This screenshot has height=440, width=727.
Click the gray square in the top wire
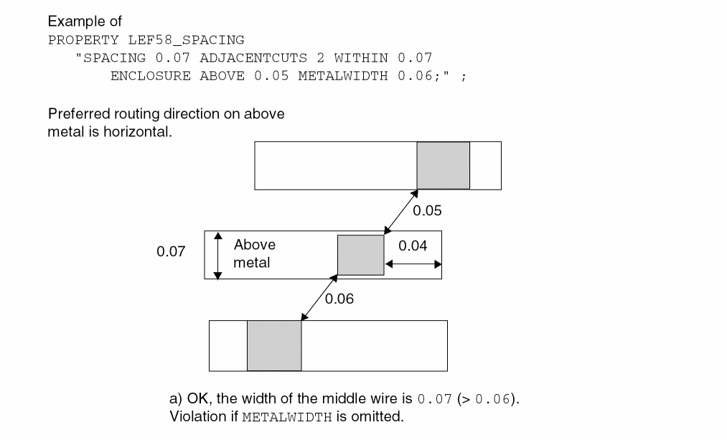click(x=443, y=166)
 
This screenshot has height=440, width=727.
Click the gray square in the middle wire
click(x=361, y=255)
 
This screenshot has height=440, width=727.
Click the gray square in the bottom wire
click(x=274, y=345)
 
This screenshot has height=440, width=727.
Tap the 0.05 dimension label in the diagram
click(x=427, y=211)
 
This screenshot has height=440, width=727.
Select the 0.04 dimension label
click(x=413, y=246)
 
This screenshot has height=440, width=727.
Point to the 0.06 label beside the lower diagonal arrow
click(x=339, y=299)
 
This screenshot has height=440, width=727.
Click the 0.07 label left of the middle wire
click(x=171, y=252)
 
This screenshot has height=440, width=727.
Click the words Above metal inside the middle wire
click(x=253, y=254)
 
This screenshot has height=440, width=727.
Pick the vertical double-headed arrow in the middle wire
click(x=219, y=256)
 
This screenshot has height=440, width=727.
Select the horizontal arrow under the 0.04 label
click(x=413, y=264)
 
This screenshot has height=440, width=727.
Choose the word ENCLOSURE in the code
click(x=151, y=76)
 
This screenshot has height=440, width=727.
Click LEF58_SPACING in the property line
click(x=186, y=40)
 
